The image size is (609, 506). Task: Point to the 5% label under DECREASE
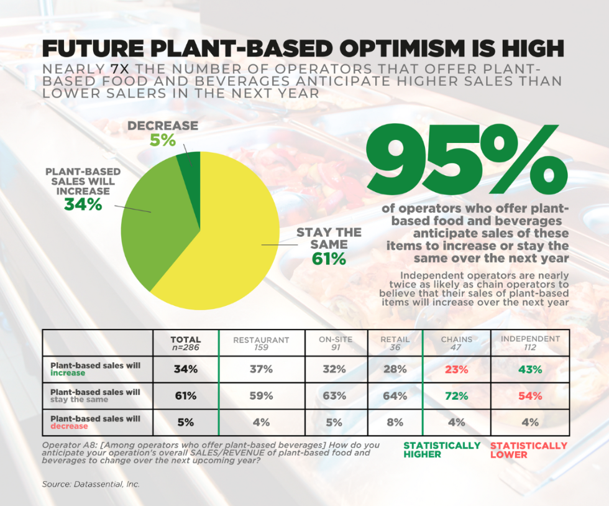162,140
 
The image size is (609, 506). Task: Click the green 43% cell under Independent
529,369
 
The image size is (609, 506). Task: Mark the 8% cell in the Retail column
395,423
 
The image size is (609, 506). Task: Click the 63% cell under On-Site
334,396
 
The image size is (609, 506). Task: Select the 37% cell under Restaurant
261,369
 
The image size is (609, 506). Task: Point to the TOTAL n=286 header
186,343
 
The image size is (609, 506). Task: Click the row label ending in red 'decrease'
95,423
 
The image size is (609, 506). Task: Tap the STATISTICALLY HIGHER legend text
442,449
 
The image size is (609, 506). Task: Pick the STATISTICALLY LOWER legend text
528,449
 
